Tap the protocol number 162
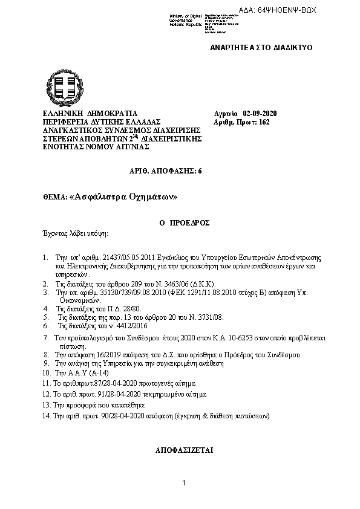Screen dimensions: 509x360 tap(264, 122)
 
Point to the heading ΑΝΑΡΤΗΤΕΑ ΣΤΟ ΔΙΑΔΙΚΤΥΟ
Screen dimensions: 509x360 tap(261, 47)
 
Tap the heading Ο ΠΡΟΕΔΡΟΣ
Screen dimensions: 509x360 tap(185, 223)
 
